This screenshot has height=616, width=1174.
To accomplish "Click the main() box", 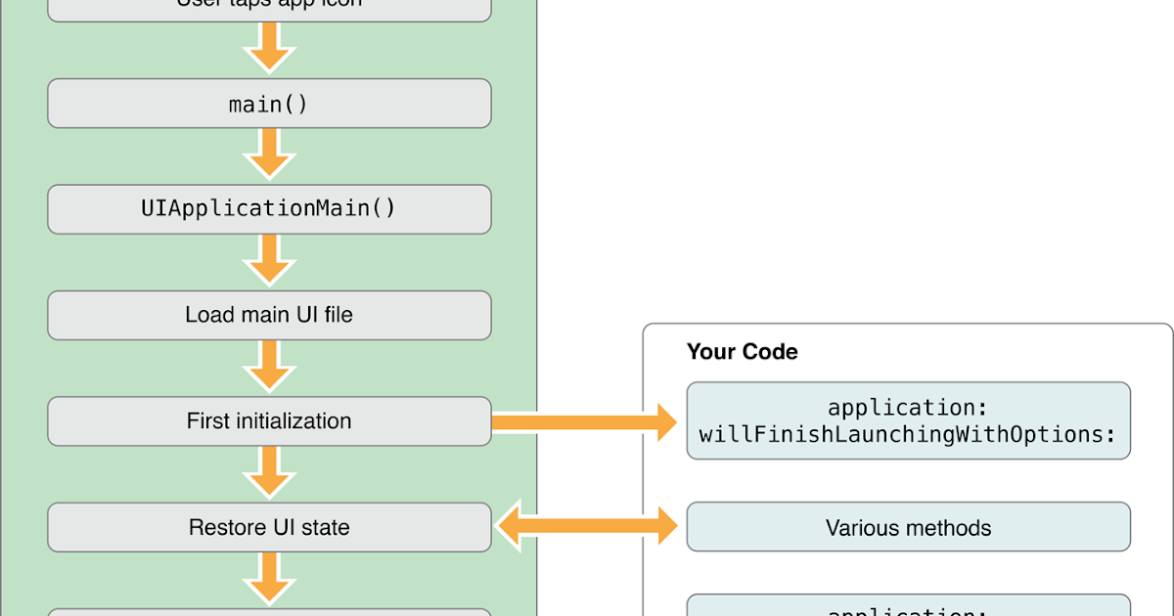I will pyautogui.click(x=269, y=104).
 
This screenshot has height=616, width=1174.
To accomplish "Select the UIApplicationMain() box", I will pyautogui.click(x=269, y=209).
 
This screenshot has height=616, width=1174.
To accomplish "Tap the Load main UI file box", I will pyautogui.click(x=269, y=315).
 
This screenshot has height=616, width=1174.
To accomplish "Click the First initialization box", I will pyautogui.click(x=269, y=421).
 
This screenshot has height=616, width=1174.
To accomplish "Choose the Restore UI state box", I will pyautogui.click(x=269, y=528).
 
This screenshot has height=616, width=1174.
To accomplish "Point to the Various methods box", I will pyautogui.click(x=908, y=528).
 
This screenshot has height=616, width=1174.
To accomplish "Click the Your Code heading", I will pyautogui.click(x=742, y=352).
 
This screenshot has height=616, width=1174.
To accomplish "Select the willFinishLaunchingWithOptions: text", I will pyautogui.click(x=908, y=434).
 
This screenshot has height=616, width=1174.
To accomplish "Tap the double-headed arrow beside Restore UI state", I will pyautogui.click(x=588, y=528).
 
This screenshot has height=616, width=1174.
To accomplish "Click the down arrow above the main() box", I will pyautogui.click(x=269, y=50).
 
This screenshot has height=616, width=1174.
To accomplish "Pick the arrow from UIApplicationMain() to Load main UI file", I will pyautogui.click(x=269, y=262).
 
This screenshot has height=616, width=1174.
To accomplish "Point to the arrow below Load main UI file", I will pyautogui.click(x=269, y=368).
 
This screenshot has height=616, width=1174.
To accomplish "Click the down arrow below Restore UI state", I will pyautogui.click(x=269, y=580).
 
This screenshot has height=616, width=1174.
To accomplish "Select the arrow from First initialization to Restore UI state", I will pyautogui.click(x=269, y=474).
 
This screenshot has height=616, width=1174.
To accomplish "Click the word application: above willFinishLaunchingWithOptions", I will pyautogui.click(x=908, y=407).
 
